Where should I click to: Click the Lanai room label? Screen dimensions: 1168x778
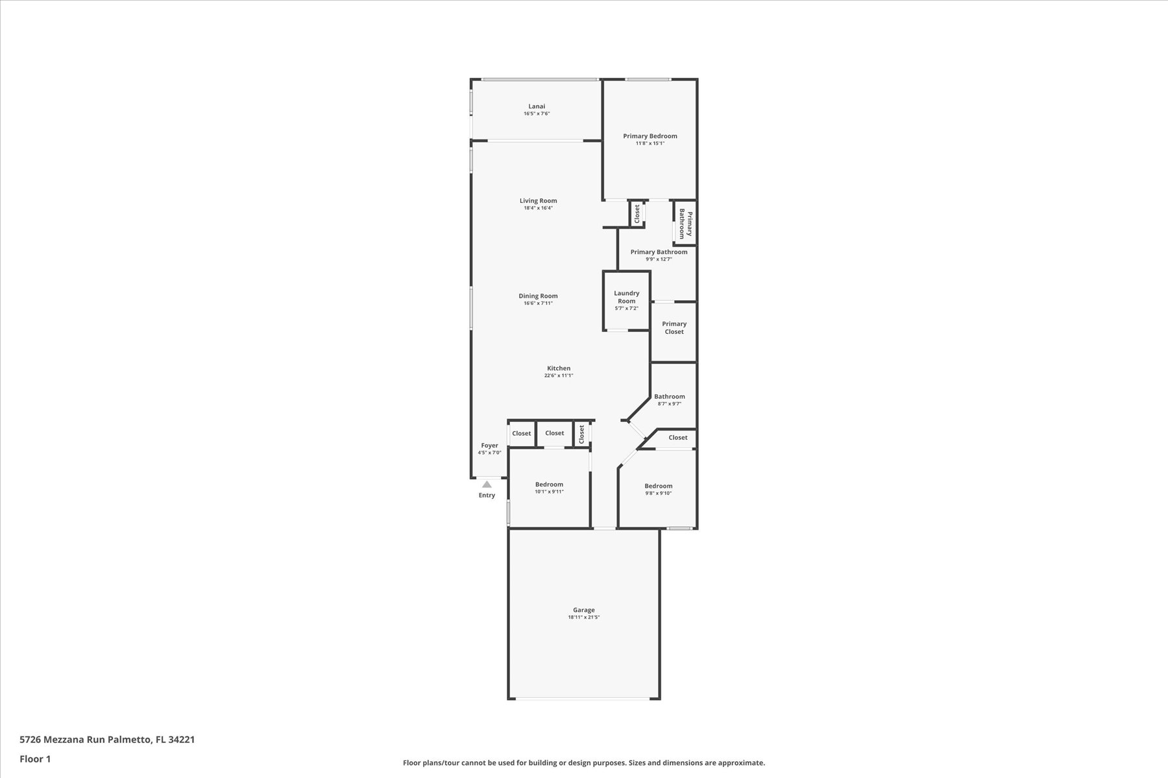tap(537, 106)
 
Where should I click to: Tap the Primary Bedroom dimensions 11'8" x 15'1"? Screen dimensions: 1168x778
tap(650, 143)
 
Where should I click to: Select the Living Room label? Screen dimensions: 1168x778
tap(538, 201)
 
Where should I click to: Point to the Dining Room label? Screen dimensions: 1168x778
tap(538, 296)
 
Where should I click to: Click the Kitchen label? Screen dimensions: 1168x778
tap(559, 368)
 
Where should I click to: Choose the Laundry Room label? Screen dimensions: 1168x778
tap(627, 297)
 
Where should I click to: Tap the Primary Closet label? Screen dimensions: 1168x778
tap(674, 327)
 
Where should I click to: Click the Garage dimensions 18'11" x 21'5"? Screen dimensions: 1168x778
tap(584, 617)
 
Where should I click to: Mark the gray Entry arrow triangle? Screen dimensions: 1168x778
tap(487, 484)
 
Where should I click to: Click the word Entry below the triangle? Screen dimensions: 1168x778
tap(487, 495)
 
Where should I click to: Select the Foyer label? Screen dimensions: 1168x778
tap(490, 445)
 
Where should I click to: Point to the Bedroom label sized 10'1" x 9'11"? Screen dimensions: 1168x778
tap(549, 484)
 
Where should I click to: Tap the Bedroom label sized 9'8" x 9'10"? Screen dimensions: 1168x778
tap(658, 486)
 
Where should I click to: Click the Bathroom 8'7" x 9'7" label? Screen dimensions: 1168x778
tap(670, 397)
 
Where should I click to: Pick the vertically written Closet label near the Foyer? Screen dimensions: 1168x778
tap(582, 434)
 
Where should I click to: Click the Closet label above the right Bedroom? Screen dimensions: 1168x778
tap(678, 438)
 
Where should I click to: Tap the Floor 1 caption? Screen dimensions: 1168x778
tap(35, 759)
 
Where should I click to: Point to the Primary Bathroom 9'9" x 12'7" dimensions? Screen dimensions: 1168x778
tap(659, 259)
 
